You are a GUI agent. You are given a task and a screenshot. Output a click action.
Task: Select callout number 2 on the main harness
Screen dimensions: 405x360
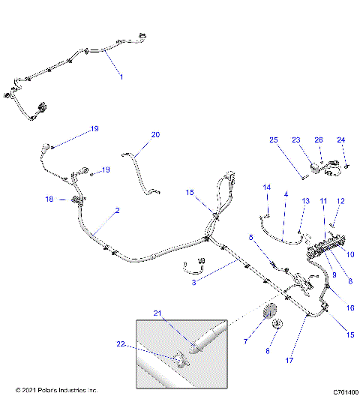116,212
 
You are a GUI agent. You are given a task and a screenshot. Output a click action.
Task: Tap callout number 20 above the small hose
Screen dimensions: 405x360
155,135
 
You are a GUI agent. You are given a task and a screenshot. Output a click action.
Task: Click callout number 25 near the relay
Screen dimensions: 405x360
274,140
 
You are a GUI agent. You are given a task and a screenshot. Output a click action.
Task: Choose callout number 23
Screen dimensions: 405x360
295,140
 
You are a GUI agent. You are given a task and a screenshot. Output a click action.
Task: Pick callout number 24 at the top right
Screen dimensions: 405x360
341,140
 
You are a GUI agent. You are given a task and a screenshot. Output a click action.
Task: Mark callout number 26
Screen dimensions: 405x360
319,140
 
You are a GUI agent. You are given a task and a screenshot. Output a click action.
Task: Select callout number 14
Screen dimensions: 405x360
265,187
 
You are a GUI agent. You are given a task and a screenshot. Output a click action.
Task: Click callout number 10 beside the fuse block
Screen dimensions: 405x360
349,254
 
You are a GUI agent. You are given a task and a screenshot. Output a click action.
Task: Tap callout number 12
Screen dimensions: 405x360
340,201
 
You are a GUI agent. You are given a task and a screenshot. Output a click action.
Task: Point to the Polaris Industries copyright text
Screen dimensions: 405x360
56,391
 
